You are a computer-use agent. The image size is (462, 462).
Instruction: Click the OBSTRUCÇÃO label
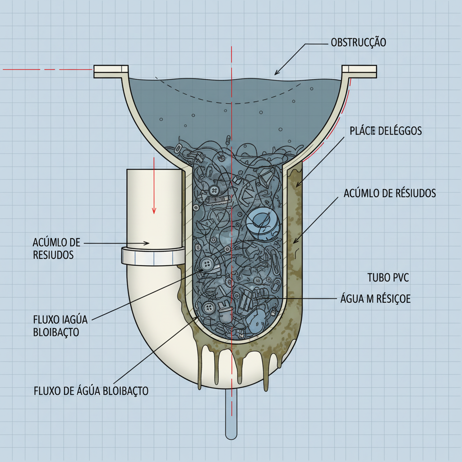tap(358, 43)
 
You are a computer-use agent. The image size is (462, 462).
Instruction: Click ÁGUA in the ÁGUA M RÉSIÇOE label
tap(352, 299)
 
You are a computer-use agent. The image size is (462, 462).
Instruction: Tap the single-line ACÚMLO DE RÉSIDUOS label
tap(390, 194)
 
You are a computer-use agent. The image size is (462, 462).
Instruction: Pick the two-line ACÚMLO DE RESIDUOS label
tap(56, 249)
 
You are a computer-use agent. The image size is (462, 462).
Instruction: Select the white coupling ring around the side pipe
tap(152, 256)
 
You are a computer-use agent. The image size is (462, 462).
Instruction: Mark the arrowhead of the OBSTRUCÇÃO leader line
tap(277, 73)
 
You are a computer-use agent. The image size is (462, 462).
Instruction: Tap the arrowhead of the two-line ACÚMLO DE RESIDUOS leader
tap(147, 243)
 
